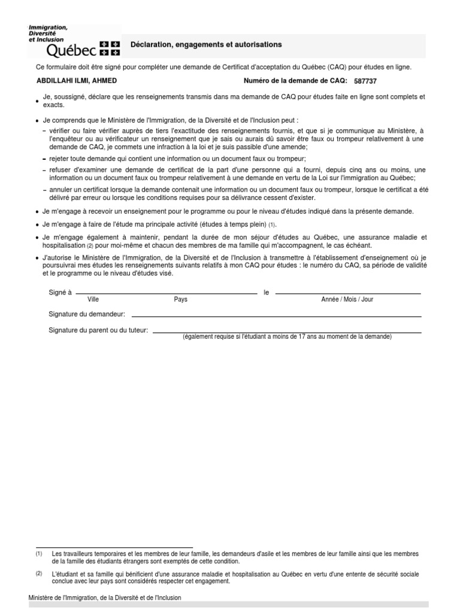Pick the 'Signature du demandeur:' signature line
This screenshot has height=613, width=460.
[x=276, y=315]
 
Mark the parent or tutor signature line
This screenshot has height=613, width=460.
[x=287, y=332]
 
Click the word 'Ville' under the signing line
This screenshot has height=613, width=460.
[x=93, y=299]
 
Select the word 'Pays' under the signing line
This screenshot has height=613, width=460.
[x=180, y=299]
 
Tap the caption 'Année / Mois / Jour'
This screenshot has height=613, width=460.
[x=347, y=299]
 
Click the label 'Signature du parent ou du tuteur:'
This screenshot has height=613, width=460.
[x=98, y=330]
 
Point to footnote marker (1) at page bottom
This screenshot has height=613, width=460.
[x=39, y=554]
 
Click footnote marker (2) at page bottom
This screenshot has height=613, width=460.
[x=39, y=573]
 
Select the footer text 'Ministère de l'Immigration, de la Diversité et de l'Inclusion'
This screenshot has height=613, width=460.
[x=105, y=597]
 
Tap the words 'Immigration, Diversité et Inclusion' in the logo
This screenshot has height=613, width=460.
[x=49, y=33]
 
